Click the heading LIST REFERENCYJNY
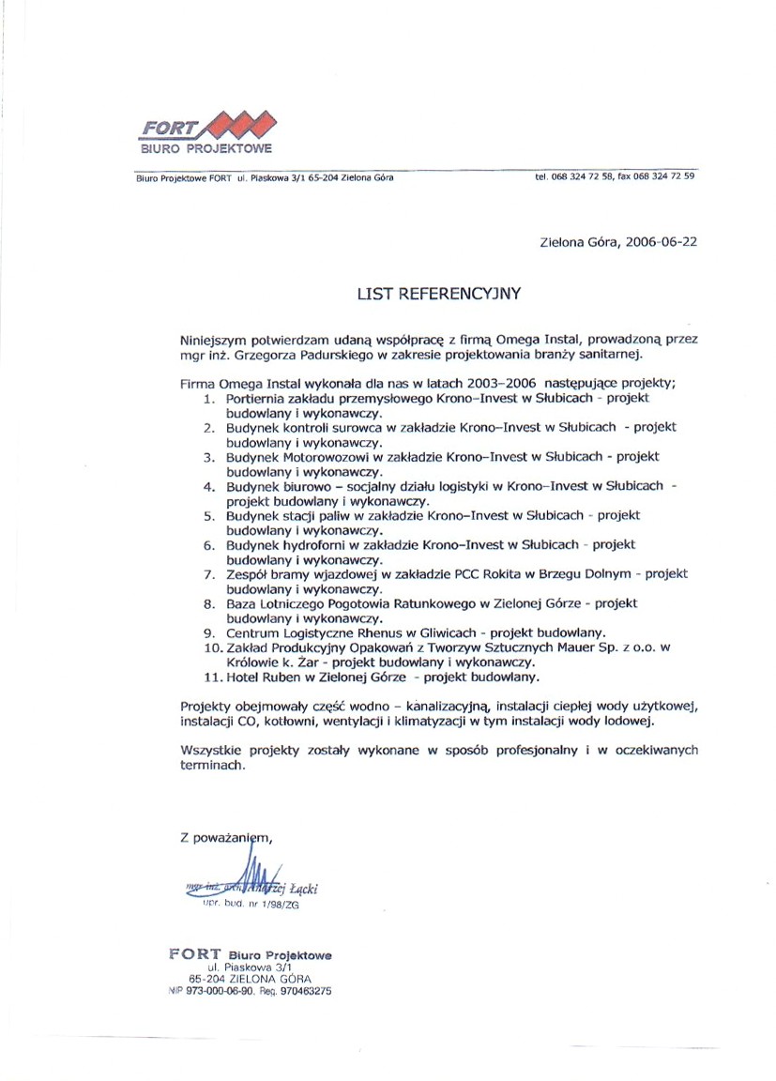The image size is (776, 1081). (x=438, y=294)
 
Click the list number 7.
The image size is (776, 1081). (x=211, y=573)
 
